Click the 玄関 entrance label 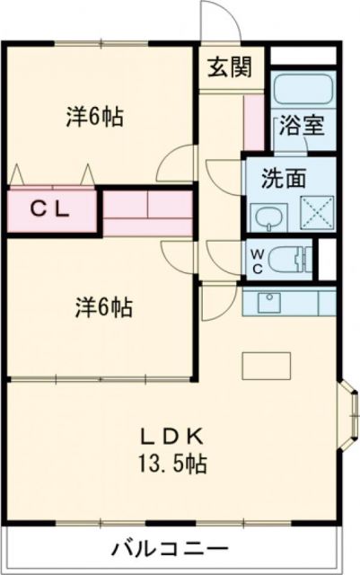coord(232,67)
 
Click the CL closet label coord(51,209)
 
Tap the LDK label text coord(174,438)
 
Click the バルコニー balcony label coord(171,548)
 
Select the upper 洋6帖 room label coord(94,117)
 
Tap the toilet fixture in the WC coord(289,259)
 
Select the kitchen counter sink coord(268,301)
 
